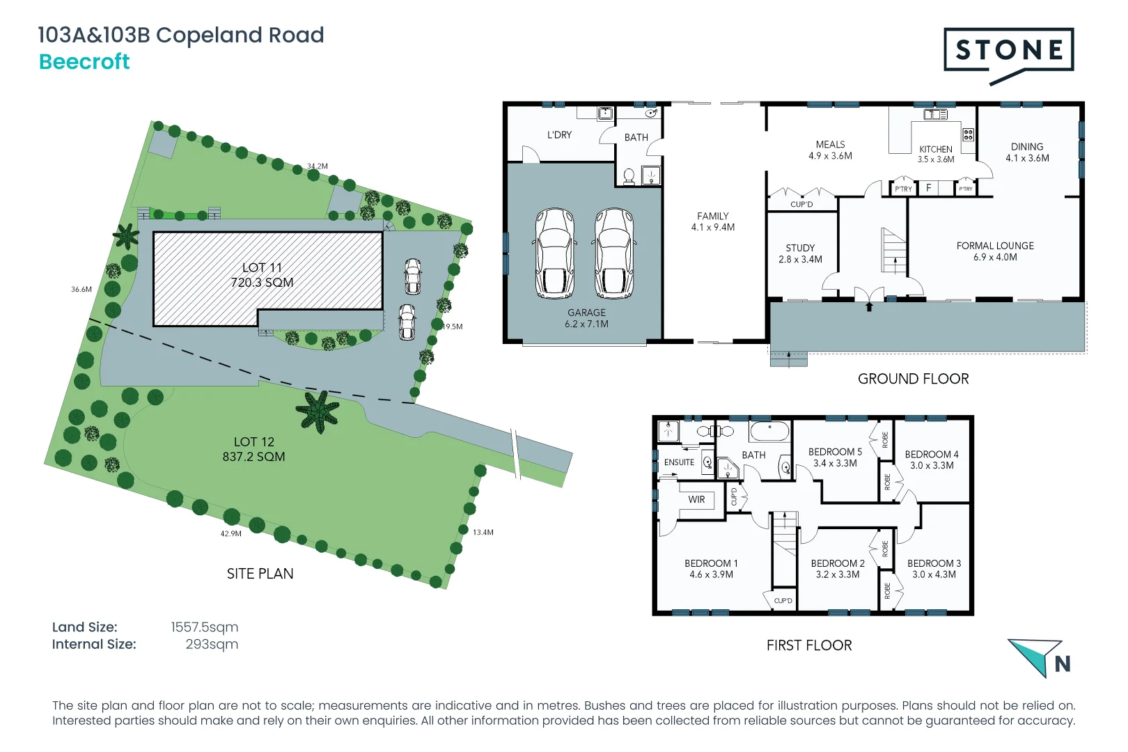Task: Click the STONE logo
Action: point(1009,51)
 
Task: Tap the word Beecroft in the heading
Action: point(84,62)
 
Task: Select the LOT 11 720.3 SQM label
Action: point(262,275)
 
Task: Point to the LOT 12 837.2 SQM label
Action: point(253,449)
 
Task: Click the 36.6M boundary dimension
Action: point(81,289)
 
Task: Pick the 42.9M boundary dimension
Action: point(231,533)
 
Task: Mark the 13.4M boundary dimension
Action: point(483,532)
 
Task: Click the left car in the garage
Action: point(554,253)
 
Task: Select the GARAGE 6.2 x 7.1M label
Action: point(586,318)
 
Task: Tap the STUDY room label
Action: point(800,253)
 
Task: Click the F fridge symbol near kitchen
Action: point(928,188)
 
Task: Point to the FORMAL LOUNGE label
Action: point(995,251)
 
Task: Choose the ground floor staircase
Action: point(894,251)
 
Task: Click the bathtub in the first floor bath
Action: point(769,431)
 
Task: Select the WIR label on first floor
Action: point(696,499)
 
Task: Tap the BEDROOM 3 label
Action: point(934,569)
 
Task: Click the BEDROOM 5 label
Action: point(835,457)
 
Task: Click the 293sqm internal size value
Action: point(212,644)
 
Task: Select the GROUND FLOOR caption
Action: point(913,379)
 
